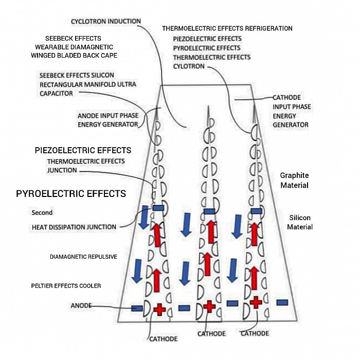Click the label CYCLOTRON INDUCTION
pyautogui.click(x=105, y=21)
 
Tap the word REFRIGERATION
pyautogui.click(x=266, y=29)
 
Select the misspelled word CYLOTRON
pyautogui.click(x=189, y=66)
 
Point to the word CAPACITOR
pyautogui.click(x=56, y=94)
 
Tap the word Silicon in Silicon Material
pyautogui.click(x=299, y=218)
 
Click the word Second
pyautogui.click(x=42, y=212)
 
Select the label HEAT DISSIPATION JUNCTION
pyautogui.click(x=74, y=227)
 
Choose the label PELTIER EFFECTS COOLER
pyautogui.click(x=66, y=285)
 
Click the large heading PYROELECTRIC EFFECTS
pyautogui.click(x=71, y=194)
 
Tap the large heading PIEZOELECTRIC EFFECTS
pyautogui.click(x=83, y=150)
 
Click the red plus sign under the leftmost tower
pyautogui.click(x=159, y=309)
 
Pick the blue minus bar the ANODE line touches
pyautogui.click(x=137, y=308)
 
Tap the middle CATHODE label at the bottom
pyautogui.click(x=211, y=334)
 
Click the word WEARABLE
pyautogui.click(x=51, y=47)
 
